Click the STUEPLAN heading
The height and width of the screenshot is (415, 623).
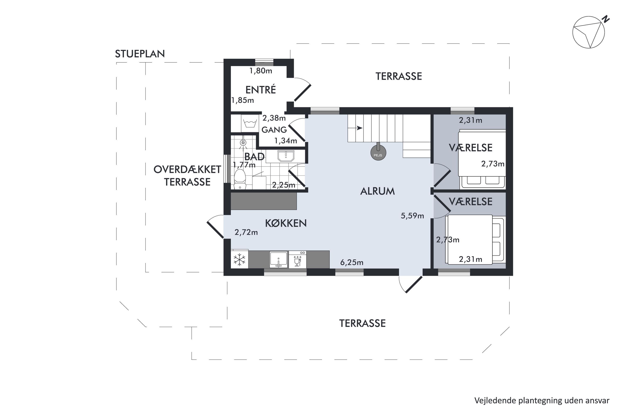pyautogui.click(x=140, y=54)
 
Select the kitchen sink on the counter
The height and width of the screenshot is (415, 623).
pyautogui.click(x=278, y=259)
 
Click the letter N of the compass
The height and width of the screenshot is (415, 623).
pyautogui.click(x=606, y=19)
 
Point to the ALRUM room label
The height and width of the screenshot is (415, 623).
pyautogui.click(x=378, y=191)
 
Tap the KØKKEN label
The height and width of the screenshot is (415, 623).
pyautogui.click(x=286, y=223)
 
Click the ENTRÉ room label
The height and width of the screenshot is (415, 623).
pyautogui.click(x=261, y=90)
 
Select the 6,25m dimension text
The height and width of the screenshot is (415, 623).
pyautogui.click(x=352, y=262)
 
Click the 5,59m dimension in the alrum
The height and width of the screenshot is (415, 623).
pyautogui.click(x=412, y=216)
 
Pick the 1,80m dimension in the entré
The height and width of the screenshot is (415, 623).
pyautogui.click(x=261, y=71)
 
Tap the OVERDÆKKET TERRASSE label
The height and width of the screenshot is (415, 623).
pyautogui.click(x=187, y=176)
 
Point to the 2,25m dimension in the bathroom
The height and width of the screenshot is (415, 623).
pyautogui.click(x=283, y=185)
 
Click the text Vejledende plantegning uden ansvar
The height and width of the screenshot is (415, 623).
pyautogui.click(x=542, y=401)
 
